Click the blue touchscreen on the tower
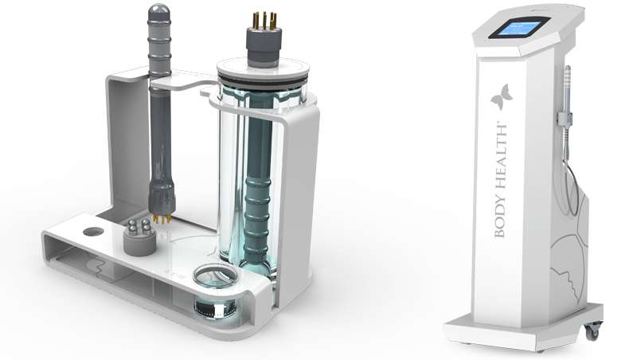pyautogui.click(x=519, y=27)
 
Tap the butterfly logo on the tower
pyautogui.click(x=502, y=96)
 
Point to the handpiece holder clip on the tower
pyautogui.click(x=565, y=119)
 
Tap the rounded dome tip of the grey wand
pyautogui.click(x=158, y=11)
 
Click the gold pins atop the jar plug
pyautogui.click(x=264, y=21)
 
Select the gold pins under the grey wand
pyautogui.click(x=162, y=219)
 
